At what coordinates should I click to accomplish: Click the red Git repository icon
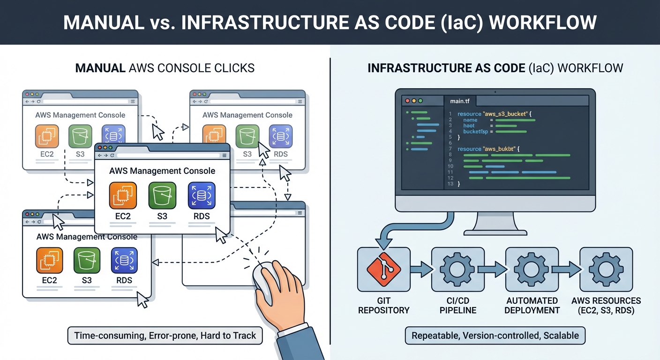pos(383,270)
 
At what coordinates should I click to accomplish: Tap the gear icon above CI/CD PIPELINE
pos(457,270)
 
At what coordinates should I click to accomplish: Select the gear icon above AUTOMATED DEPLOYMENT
pos(532,270)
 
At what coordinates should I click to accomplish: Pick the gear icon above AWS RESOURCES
pos(606,270)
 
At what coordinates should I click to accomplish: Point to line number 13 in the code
pos(450,184)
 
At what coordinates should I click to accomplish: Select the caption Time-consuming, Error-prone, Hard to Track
pos(165,336)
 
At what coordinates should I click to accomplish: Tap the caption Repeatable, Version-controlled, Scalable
pos(495,336)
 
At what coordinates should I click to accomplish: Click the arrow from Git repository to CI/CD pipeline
pos(421,270)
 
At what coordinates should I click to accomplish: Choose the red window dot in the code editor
pos(407,101)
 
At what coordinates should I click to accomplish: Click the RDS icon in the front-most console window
pos(202,196)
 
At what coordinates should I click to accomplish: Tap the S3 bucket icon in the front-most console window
pos(162,196)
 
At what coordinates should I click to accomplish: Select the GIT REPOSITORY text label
pos(383,305)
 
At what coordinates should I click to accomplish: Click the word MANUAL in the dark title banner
pos(103,22)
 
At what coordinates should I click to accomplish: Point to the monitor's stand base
pos(495,231)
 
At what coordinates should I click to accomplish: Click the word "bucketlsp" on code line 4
pos(475,132)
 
